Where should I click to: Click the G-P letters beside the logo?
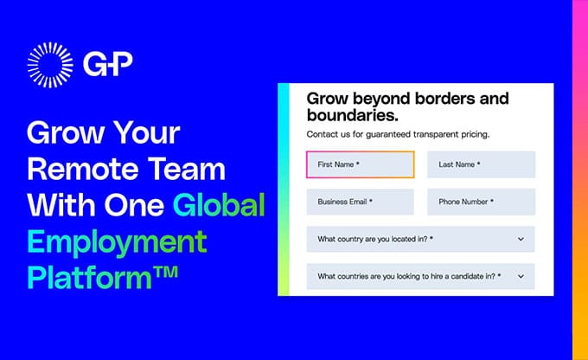109,65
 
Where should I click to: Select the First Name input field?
360,164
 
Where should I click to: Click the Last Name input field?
481,164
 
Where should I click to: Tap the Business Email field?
360,202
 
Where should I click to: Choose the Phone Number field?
481,202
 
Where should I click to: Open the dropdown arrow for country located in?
521,239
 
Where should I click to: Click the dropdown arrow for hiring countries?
521,276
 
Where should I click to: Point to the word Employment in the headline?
117,241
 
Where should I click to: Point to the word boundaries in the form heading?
352,114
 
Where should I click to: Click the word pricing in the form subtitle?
470,135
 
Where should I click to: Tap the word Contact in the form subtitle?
323,135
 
